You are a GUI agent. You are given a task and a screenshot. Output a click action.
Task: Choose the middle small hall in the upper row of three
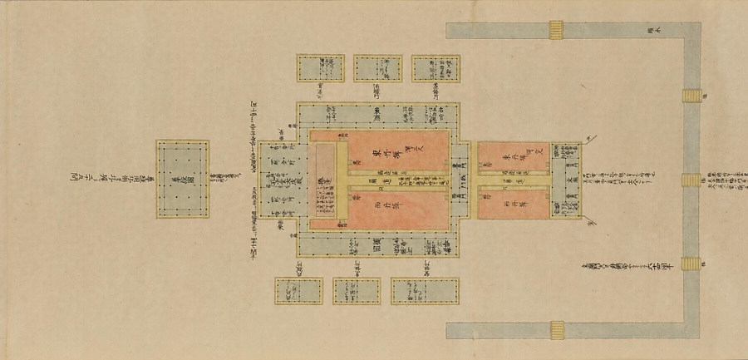click(x=376, y=69)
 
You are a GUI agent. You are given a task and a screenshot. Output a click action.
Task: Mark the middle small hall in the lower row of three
click(x=356, y=290)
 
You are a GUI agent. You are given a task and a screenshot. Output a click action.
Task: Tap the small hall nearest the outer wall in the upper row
click(x=436, y=69)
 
